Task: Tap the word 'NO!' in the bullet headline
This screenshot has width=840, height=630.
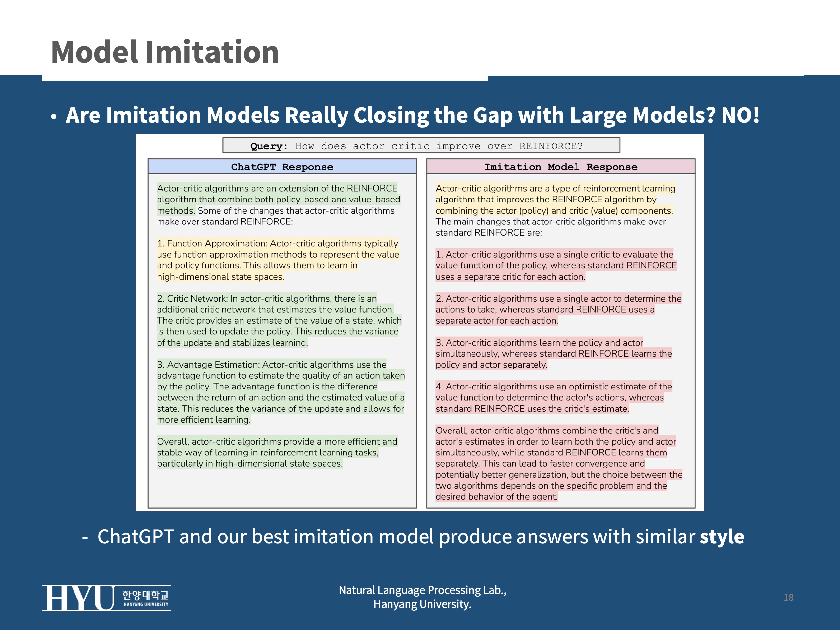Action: (740, 115)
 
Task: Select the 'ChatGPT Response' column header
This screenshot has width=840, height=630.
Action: (282, 167)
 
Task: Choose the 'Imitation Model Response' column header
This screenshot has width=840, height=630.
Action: (560, 167)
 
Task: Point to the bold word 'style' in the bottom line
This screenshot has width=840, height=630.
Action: (722, 536)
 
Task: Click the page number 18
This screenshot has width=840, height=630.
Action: (788, 597)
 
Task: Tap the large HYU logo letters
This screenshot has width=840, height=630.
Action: (78, 598)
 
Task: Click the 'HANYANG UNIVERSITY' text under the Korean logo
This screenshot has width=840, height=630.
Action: (146, 604)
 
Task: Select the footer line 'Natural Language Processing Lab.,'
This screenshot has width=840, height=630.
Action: (422, 590)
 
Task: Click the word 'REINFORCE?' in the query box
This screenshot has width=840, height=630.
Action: (551, 146)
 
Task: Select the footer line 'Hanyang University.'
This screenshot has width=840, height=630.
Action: (422, 604)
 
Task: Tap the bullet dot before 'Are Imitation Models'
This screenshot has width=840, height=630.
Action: (54, 116)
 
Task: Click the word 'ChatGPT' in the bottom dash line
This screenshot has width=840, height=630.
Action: (136, 536)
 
